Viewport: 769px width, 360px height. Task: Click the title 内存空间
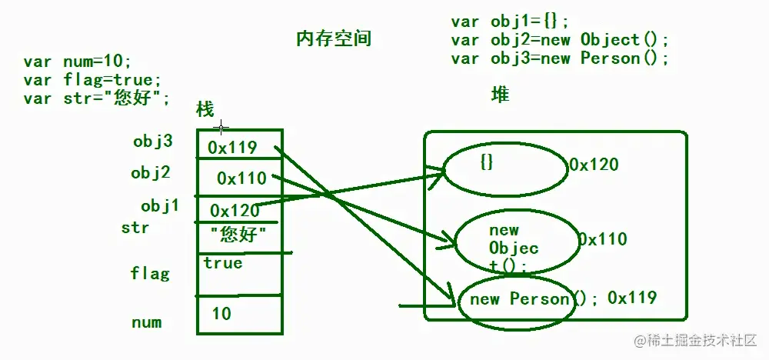click(x=334, y=38)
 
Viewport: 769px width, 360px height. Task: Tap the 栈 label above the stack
click(x=205, y=109)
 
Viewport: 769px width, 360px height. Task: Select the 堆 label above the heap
click(x=500, y=95)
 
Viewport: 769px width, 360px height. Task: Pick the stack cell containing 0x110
click(x=241, y=178)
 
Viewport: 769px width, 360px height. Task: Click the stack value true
click(x=223, y=263)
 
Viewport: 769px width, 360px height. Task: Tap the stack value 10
click(x=221, y=314)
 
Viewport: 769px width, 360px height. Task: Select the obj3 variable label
click(x=152, y=142)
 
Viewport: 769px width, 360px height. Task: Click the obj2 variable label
click(x=150, y=173)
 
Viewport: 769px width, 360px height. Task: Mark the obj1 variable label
click(x=160, y=206)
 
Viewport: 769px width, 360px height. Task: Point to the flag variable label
click(x=150, y=273)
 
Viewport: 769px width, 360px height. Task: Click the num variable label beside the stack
click(x=146, y=322)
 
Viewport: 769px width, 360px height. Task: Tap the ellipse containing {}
click(x=503, y=170)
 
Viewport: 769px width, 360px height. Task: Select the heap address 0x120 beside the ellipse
click(x=594, y=164)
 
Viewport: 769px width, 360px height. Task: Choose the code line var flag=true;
click(x=92, y=80)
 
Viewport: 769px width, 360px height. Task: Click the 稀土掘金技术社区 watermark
click(x=695, y=339)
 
